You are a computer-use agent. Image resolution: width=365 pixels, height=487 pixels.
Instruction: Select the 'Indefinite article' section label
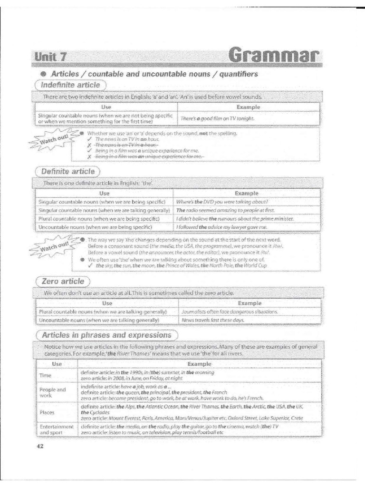[70, 85]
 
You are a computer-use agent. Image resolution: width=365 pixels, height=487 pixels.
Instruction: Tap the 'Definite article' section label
[67, 171]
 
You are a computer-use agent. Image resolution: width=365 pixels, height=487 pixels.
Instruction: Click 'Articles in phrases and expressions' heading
[106, 335]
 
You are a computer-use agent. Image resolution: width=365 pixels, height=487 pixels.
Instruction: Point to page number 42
[40, 446]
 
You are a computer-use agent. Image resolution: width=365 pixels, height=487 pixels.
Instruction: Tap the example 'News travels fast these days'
[212, 321]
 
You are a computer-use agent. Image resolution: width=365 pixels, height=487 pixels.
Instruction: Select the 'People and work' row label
[52, 392]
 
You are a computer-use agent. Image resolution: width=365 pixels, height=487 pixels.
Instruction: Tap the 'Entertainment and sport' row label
[56, 430]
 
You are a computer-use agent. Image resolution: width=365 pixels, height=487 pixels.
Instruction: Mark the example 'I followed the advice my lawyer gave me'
[221, 227]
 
